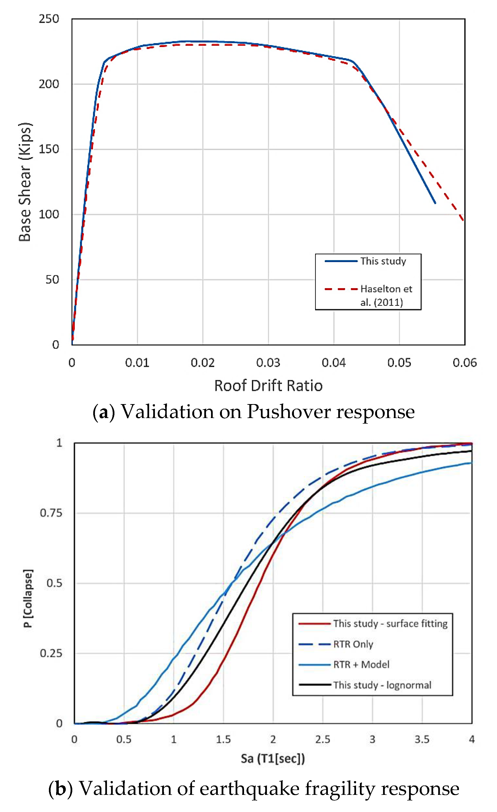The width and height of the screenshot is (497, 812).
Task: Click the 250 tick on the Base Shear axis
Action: (x=49, y=19)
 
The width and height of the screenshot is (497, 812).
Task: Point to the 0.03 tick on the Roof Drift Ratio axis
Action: (x=268, y=363)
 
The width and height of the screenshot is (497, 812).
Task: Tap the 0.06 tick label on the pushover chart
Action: (x=464, y=363)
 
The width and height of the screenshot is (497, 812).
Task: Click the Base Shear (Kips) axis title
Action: (x=25, y=182)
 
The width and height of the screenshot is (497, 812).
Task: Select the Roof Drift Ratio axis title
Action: (x=268, y=386)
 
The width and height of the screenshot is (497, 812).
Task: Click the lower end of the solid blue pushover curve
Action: (x=435, y=203)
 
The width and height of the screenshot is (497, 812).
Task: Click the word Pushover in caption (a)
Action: (x=289, y=412)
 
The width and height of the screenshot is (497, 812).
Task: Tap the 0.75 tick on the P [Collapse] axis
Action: (x=51, y=513)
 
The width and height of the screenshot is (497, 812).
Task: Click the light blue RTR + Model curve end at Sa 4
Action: (x=471, y=463)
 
